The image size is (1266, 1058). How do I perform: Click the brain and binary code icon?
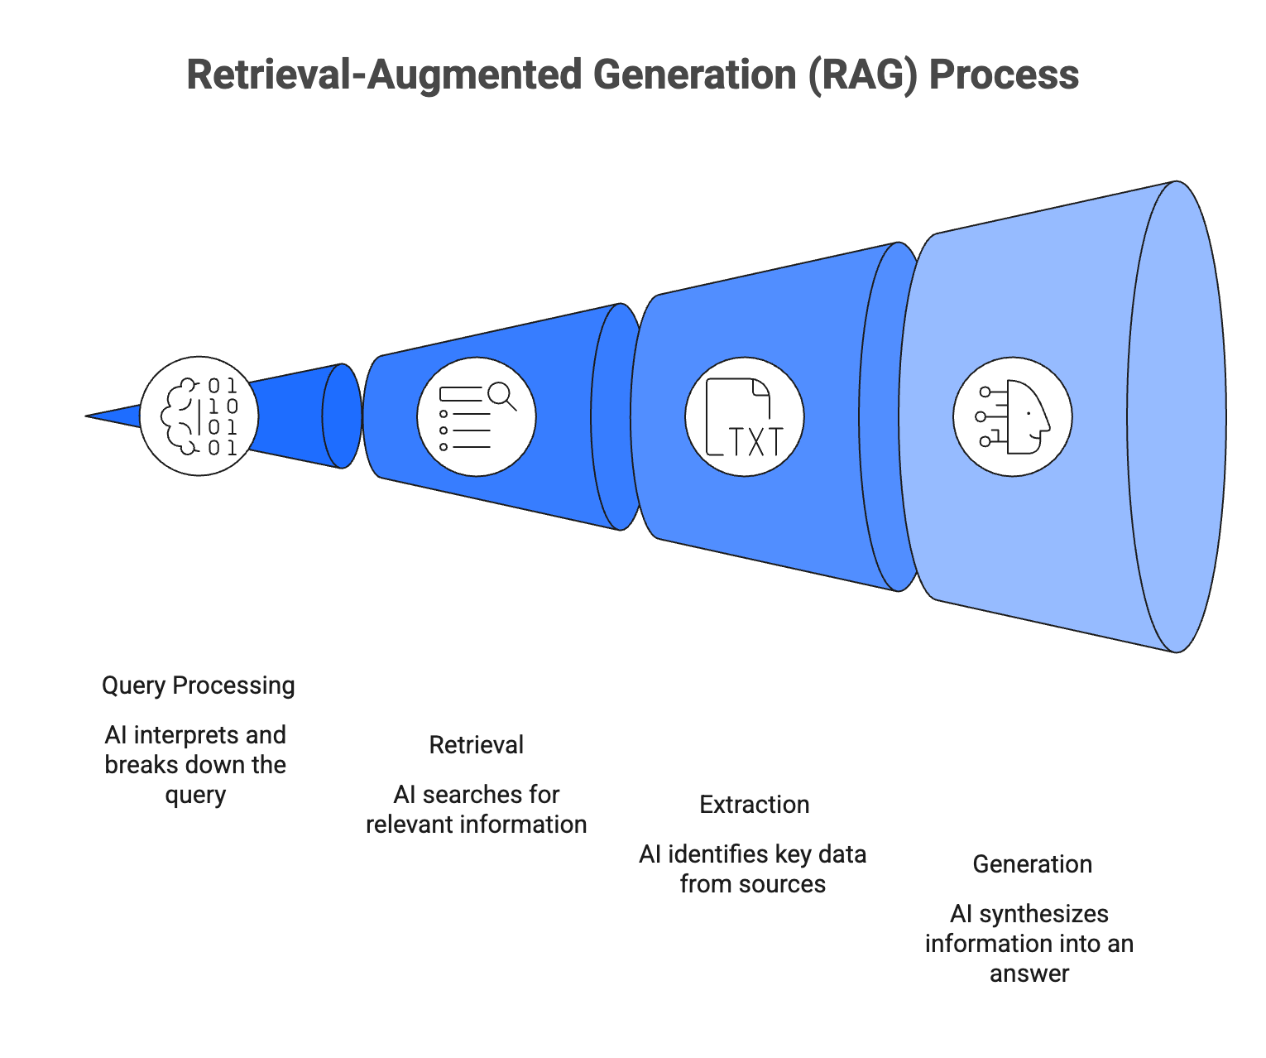coord(199,416)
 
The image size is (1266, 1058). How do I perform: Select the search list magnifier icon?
coord(477,416)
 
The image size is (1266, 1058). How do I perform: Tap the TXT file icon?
coord(744,416)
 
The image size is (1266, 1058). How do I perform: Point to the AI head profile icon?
coord(1013,416)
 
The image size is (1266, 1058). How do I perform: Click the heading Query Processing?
coord(199,685)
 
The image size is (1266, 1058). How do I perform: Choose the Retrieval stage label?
coord(476,745)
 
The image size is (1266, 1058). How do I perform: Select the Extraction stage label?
coord(754,805)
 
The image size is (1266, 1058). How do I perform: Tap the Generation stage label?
coord(1032,864)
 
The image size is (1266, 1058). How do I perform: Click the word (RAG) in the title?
coord(863,75)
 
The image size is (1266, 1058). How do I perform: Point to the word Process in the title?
coord(1004,75)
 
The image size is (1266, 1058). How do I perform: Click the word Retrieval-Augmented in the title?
coord(384,75)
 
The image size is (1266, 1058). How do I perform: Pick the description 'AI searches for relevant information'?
coord(476,810)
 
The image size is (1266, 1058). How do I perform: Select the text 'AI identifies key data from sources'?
coord(752,869)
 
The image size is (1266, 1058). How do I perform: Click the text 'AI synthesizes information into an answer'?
coord(1029,944)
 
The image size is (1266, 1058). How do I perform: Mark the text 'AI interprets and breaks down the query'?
coord(195,765)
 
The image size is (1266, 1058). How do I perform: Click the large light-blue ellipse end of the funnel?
coord(1177,416)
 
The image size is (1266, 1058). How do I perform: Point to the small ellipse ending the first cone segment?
coord(341,416)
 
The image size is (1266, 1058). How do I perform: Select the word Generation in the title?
coord(693,75)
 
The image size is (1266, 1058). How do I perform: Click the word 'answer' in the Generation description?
coord(1029,974)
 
